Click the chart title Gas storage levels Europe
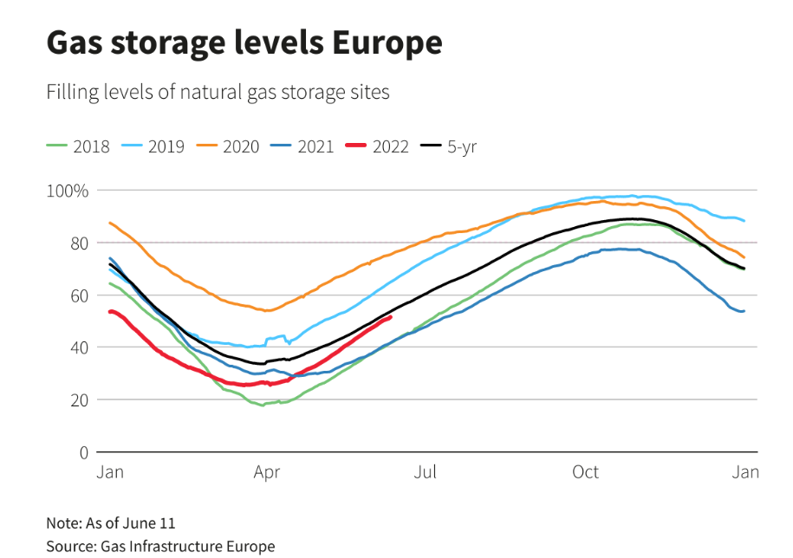click(244, 42)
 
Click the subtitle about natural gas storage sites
click(218, 92)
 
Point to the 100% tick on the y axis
click(68, 191)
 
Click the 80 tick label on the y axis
click(79, 243)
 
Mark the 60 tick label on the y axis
click(79, 295)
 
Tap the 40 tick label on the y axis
click(79, 347)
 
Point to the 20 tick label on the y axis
click(79, 400)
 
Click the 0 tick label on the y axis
click(83, 452)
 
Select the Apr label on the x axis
click(266, 472)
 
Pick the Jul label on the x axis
click(425, 472)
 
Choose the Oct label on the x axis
click(585, 472)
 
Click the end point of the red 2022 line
click(391, 317)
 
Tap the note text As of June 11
click(111, 523)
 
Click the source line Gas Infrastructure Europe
click(160, 546)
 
